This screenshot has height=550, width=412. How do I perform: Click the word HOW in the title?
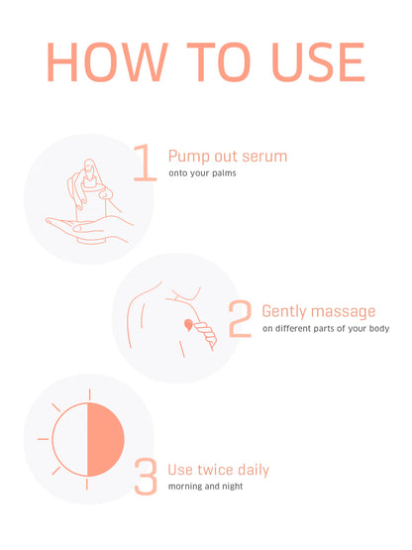pos(107,62)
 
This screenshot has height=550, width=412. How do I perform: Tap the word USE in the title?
pos(318,62)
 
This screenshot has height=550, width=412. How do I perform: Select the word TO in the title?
pos(219,62)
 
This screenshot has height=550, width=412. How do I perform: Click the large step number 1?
pos(146,163)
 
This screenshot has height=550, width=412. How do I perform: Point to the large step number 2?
pos(241,318)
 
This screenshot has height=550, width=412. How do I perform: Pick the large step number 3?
pos(146,477)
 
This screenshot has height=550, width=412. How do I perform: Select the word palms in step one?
pos(224,173)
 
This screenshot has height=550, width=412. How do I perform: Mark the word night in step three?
pos(233,487)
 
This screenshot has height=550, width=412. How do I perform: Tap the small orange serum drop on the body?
pos(188,325)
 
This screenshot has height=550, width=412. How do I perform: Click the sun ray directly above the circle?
pos(89,394)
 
